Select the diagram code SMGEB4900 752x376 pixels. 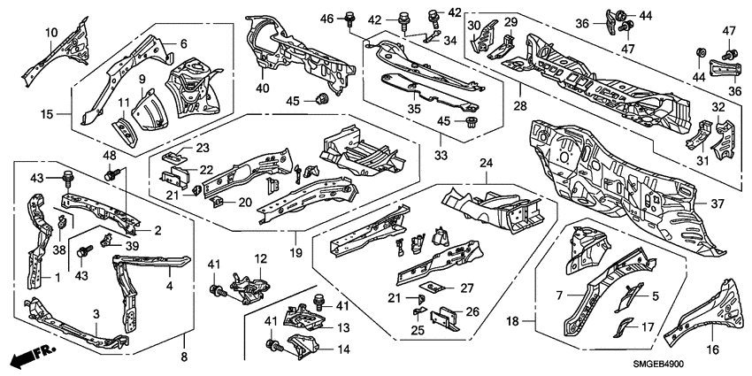[705, 364]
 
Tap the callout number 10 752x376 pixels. [51, 33]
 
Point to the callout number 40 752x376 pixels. [262, 87]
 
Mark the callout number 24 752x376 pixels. [486, 162]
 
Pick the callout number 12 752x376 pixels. [260, 258]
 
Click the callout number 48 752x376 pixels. [111, 157]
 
